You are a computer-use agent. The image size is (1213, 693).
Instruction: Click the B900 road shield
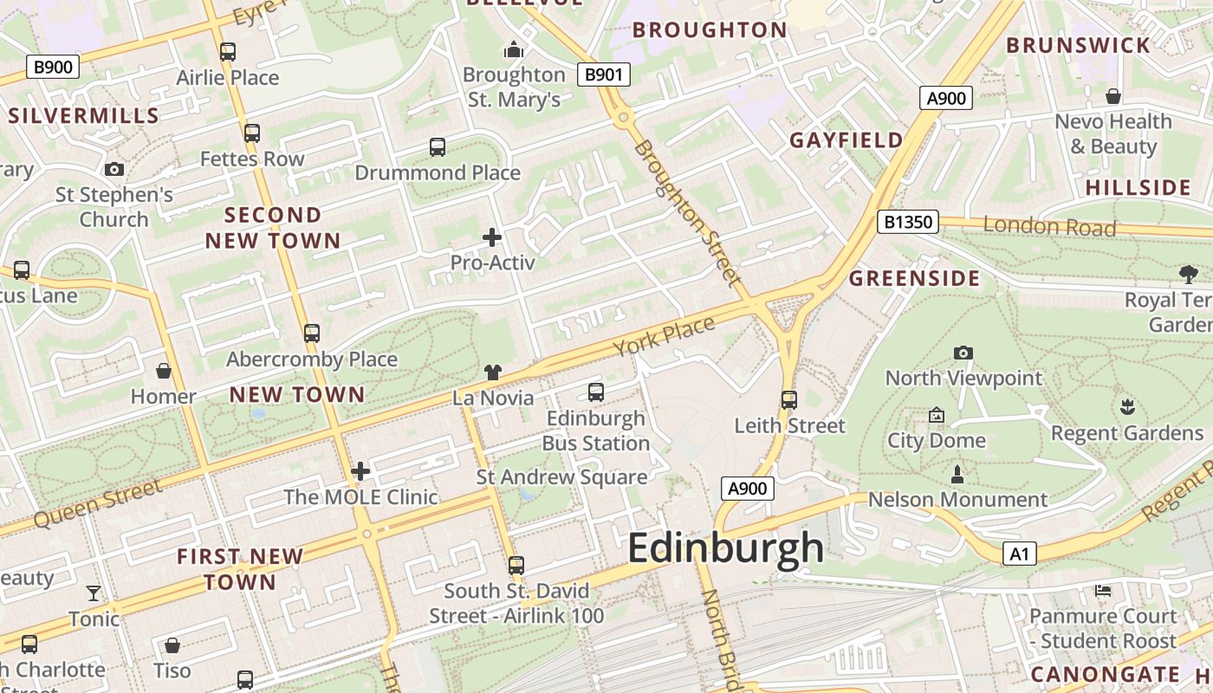point(53,67)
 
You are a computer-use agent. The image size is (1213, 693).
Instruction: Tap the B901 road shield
point(603,74)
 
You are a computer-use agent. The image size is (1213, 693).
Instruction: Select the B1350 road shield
point(907,222)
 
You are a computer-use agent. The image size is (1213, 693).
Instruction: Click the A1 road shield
point(1019,554)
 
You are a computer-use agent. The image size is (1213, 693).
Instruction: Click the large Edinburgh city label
point(725,548)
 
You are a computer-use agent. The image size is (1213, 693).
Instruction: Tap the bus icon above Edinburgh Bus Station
point(596,392)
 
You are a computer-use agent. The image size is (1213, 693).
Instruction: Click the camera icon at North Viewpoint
point(963,353)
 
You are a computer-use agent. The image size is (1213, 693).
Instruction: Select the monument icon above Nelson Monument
point(957,474)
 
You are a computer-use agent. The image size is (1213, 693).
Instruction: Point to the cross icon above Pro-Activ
point(492,236)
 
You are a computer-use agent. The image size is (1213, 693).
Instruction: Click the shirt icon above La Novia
point(492,372)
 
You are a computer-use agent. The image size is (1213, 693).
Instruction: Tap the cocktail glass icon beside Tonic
point(94,593)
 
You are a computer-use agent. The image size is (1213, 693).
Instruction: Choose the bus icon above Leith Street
point(788,399)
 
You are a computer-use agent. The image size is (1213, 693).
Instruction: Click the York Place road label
point(665,336)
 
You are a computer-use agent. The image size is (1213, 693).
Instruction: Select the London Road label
point(1049,227)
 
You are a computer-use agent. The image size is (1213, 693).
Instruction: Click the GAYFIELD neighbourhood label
point(846,139)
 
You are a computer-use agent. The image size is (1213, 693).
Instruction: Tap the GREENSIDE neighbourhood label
point(914,278)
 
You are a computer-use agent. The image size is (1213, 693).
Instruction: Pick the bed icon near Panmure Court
point(1103,591)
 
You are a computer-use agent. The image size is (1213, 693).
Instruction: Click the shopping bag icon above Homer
point(163,372)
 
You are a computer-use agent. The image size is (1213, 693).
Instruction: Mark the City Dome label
point(936,440)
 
